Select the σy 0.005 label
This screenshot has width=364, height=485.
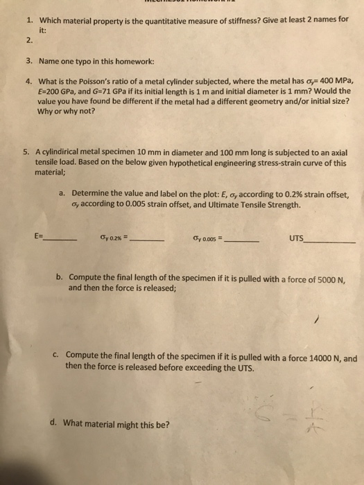coord(204,242)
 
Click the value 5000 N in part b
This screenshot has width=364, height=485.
coord(332,279)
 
